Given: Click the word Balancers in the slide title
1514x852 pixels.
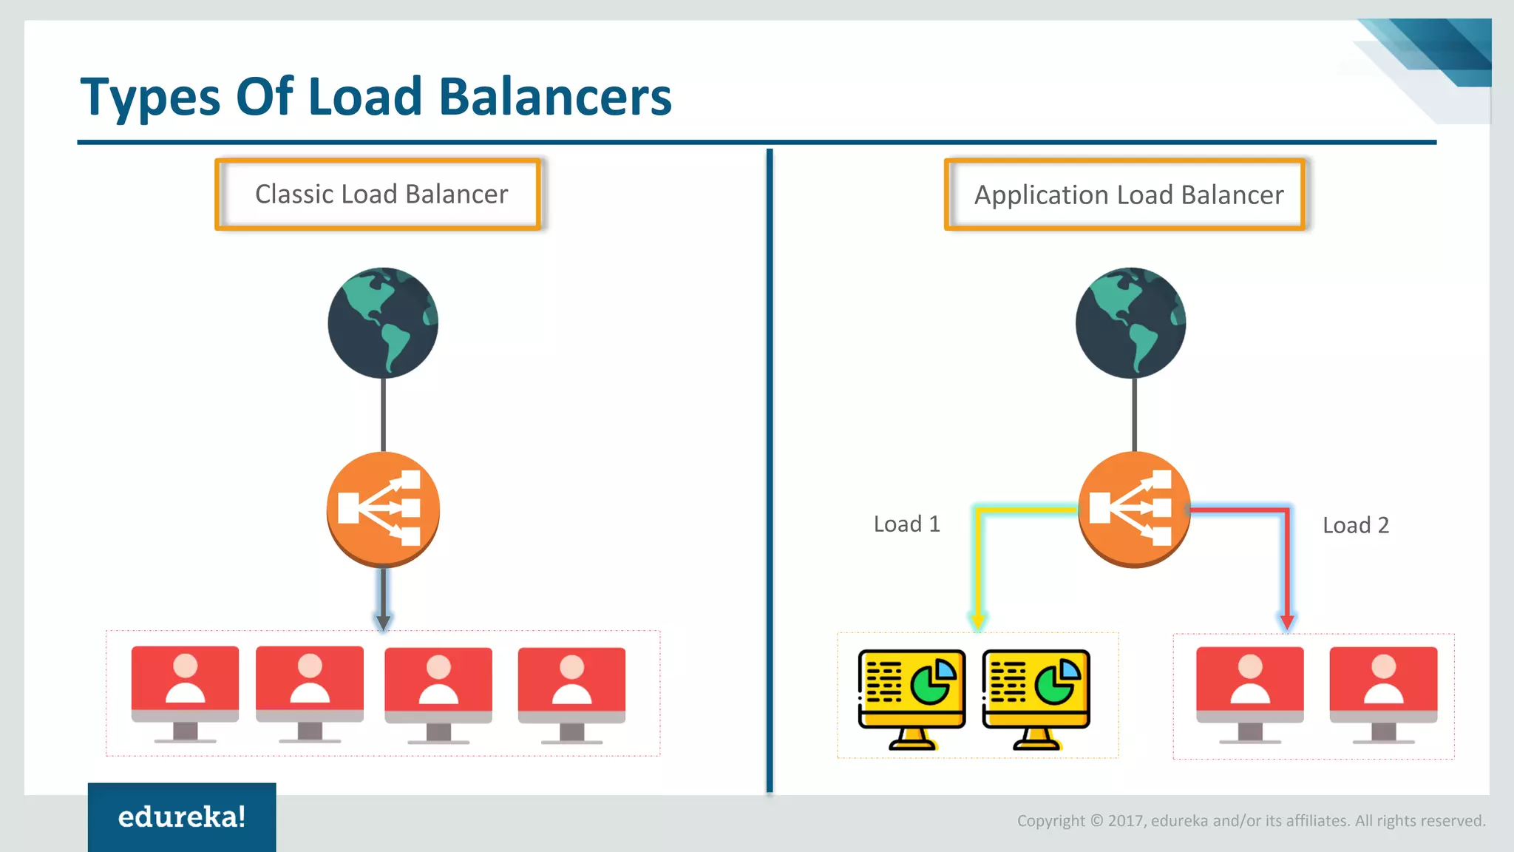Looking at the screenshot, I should point(554,97).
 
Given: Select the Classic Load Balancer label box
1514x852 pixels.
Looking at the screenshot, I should point(378,195).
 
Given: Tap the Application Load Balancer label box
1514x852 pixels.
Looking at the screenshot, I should point(1125,195).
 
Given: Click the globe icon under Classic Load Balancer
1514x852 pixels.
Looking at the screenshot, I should point(383,322).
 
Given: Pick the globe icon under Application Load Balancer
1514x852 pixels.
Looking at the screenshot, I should point(1130,322).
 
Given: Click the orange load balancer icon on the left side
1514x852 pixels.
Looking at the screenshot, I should point(383,509).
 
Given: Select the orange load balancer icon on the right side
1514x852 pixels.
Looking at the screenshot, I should point(1133,509).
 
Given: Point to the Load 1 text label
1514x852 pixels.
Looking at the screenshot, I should point(906,524).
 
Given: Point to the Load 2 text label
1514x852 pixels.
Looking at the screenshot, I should point(1355,526).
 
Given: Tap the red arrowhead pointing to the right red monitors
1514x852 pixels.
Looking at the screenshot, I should point(1287,621).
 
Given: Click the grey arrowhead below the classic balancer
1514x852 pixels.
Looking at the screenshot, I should point(383,621).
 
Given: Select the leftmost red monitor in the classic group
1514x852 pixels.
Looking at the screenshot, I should point(185,692).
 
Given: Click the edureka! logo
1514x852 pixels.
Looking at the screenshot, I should point(182,816).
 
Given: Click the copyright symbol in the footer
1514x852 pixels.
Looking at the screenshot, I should point(1096,821).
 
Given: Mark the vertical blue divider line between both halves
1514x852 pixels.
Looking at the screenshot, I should point(770,473).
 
